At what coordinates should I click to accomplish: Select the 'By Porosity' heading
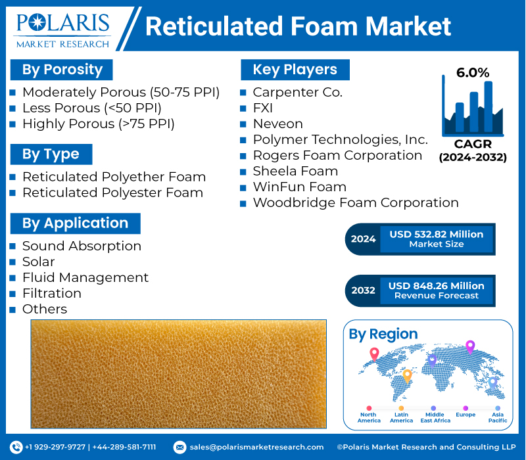pyautogui.click(x=62, y=70)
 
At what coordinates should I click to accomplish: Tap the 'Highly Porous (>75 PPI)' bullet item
pyautogui.click(x=98, y=124)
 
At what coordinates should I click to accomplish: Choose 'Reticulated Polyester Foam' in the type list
pyautogui.click(x=112, y=193)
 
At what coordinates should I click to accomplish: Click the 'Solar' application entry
pyautogui.click(x=38, y=262)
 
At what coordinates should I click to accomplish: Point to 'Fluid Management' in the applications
pyautogui.click(x=85, y=277)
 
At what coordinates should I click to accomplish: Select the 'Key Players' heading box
pyautogui.click(x=295, y=70)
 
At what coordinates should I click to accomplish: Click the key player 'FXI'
pyautogui.click(x=262, y=108)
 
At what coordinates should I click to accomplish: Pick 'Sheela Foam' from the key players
pyautogui.click(x=295, y=171)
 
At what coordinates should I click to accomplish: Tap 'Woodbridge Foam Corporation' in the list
pyautogui.click(x=356, y=202)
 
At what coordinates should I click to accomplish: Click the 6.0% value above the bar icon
pyautogui.click(x=473, y=73)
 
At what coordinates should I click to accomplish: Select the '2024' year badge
pyautogui.click(x=363, y=239)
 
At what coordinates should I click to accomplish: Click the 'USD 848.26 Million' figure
pyautogui.click(x=436, y=286)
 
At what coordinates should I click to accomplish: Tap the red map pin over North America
pyautogui.click(x=374, y=354)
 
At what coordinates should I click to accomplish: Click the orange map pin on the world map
pyautogui.click(x=407, y=375)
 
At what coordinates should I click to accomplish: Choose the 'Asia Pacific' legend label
pyautogui.click(x=498, y=417)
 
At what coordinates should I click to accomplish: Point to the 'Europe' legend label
pyautogui.click(x=465, y=415)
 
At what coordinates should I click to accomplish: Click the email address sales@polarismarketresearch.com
pyautogui.click(x=256, y=447)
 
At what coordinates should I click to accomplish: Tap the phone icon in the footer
pyautogui.click(x=16, y=447)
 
